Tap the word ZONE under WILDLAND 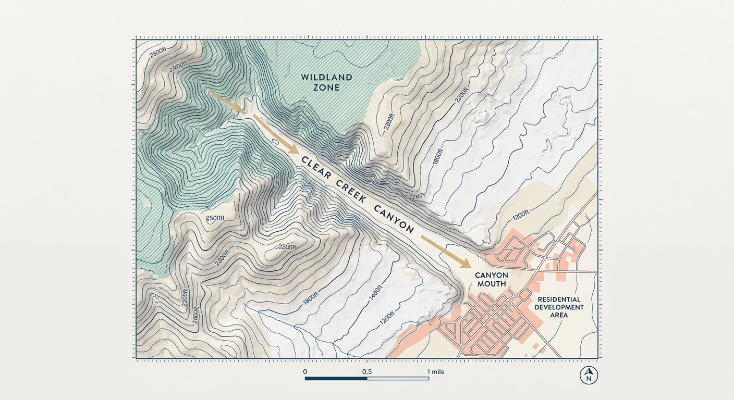pyautogui.click(x=326, y=87)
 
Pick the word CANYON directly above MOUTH pyautogui.click(x=491, y=274)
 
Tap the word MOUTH pyautogui.click(x=491, y=284)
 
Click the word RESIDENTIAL pyautogui.click(x=559, y=300)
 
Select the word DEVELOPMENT pyautogui.click(x=559, y=307)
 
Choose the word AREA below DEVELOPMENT pyautogui.click(x=559, y=315)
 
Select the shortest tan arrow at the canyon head pyautogui.click(x=226, y=102)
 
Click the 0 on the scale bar pyautogui.click(x=305, y=372)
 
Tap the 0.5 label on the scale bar pyautogui.click(x=367, y=372)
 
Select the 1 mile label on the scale pyautogui.click(x=435, y=372)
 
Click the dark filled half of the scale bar pyautogui.click(x=336, y=378)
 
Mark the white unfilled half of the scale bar pyautogui.click(x=398, y=378)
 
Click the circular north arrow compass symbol pyautogui.click(x=589, y=375)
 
